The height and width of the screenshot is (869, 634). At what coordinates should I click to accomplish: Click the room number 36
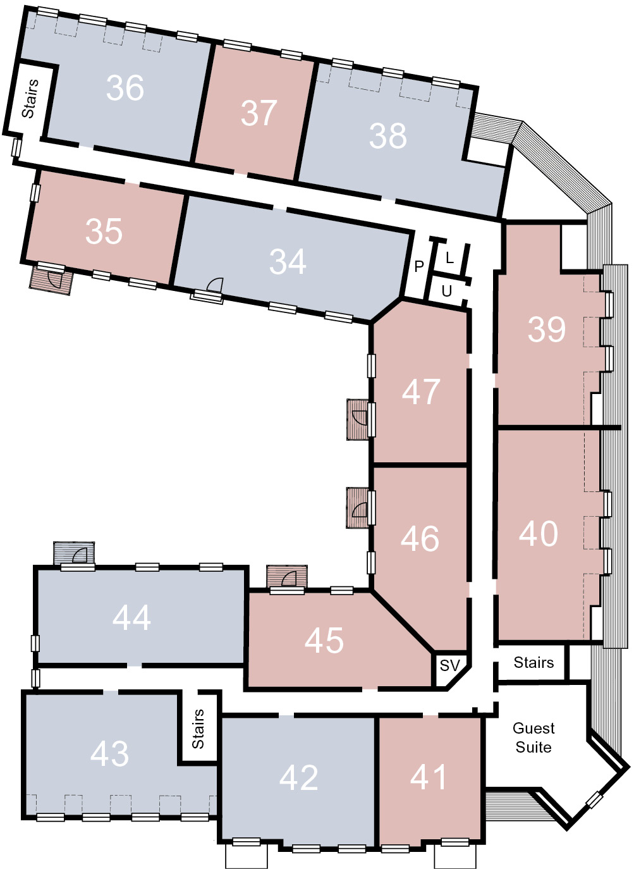click(x=125, y=88)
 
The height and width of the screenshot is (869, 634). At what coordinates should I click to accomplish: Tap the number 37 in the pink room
click(x=259, y=113)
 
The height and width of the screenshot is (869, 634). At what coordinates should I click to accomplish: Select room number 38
click(x=387, y=135)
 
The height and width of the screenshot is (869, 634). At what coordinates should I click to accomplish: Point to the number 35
click(x=104, y=231)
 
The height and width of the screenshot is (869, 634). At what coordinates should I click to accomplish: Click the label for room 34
click(x=288, y=261)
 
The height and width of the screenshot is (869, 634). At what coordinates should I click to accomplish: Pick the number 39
click(x=546, y=330)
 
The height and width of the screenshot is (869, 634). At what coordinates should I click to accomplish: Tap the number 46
click(x=420, y=538)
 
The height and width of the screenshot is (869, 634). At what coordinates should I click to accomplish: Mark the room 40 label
click(x=539, y=534)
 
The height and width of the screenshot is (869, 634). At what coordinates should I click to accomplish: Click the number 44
click(x=132, y=617)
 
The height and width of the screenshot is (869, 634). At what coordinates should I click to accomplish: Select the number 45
click(x=324, y=641)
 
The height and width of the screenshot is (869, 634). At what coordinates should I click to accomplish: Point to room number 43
click(x=109, y=753)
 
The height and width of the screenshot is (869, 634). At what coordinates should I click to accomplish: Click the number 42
click(x=298, y=777)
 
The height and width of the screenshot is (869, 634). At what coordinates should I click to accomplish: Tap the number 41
click(x=428, y=777)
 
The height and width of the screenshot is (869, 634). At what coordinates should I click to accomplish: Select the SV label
click(x=450, y=665)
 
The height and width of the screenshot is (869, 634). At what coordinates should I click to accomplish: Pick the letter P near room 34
click(x=419, y=266)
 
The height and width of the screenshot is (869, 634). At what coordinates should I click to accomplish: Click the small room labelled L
click(x=449, y=257)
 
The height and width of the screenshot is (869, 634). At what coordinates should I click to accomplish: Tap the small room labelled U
click(x=447, y=291)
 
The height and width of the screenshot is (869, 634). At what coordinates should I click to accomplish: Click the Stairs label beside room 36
click(x=30, y=99)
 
